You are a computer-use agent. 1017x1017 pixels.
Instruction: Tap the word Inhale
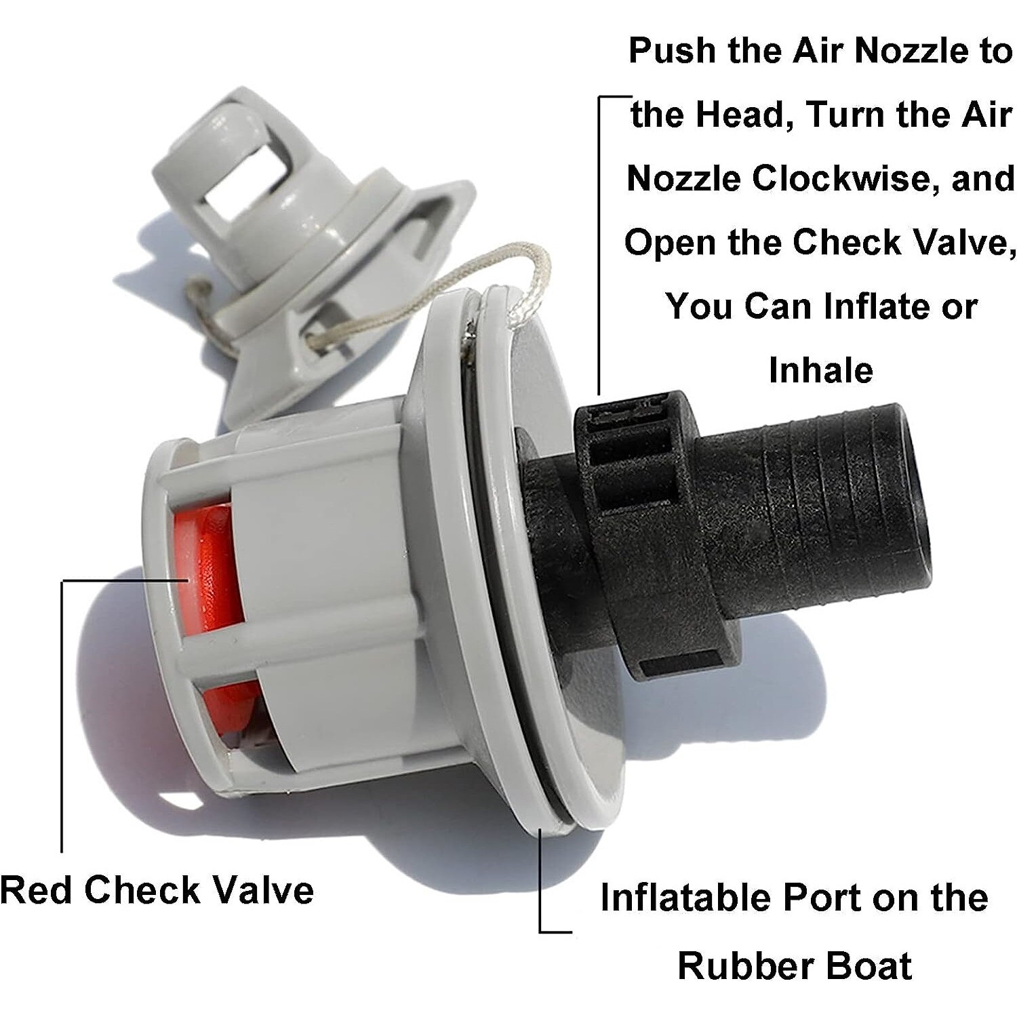pos(820,371)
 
